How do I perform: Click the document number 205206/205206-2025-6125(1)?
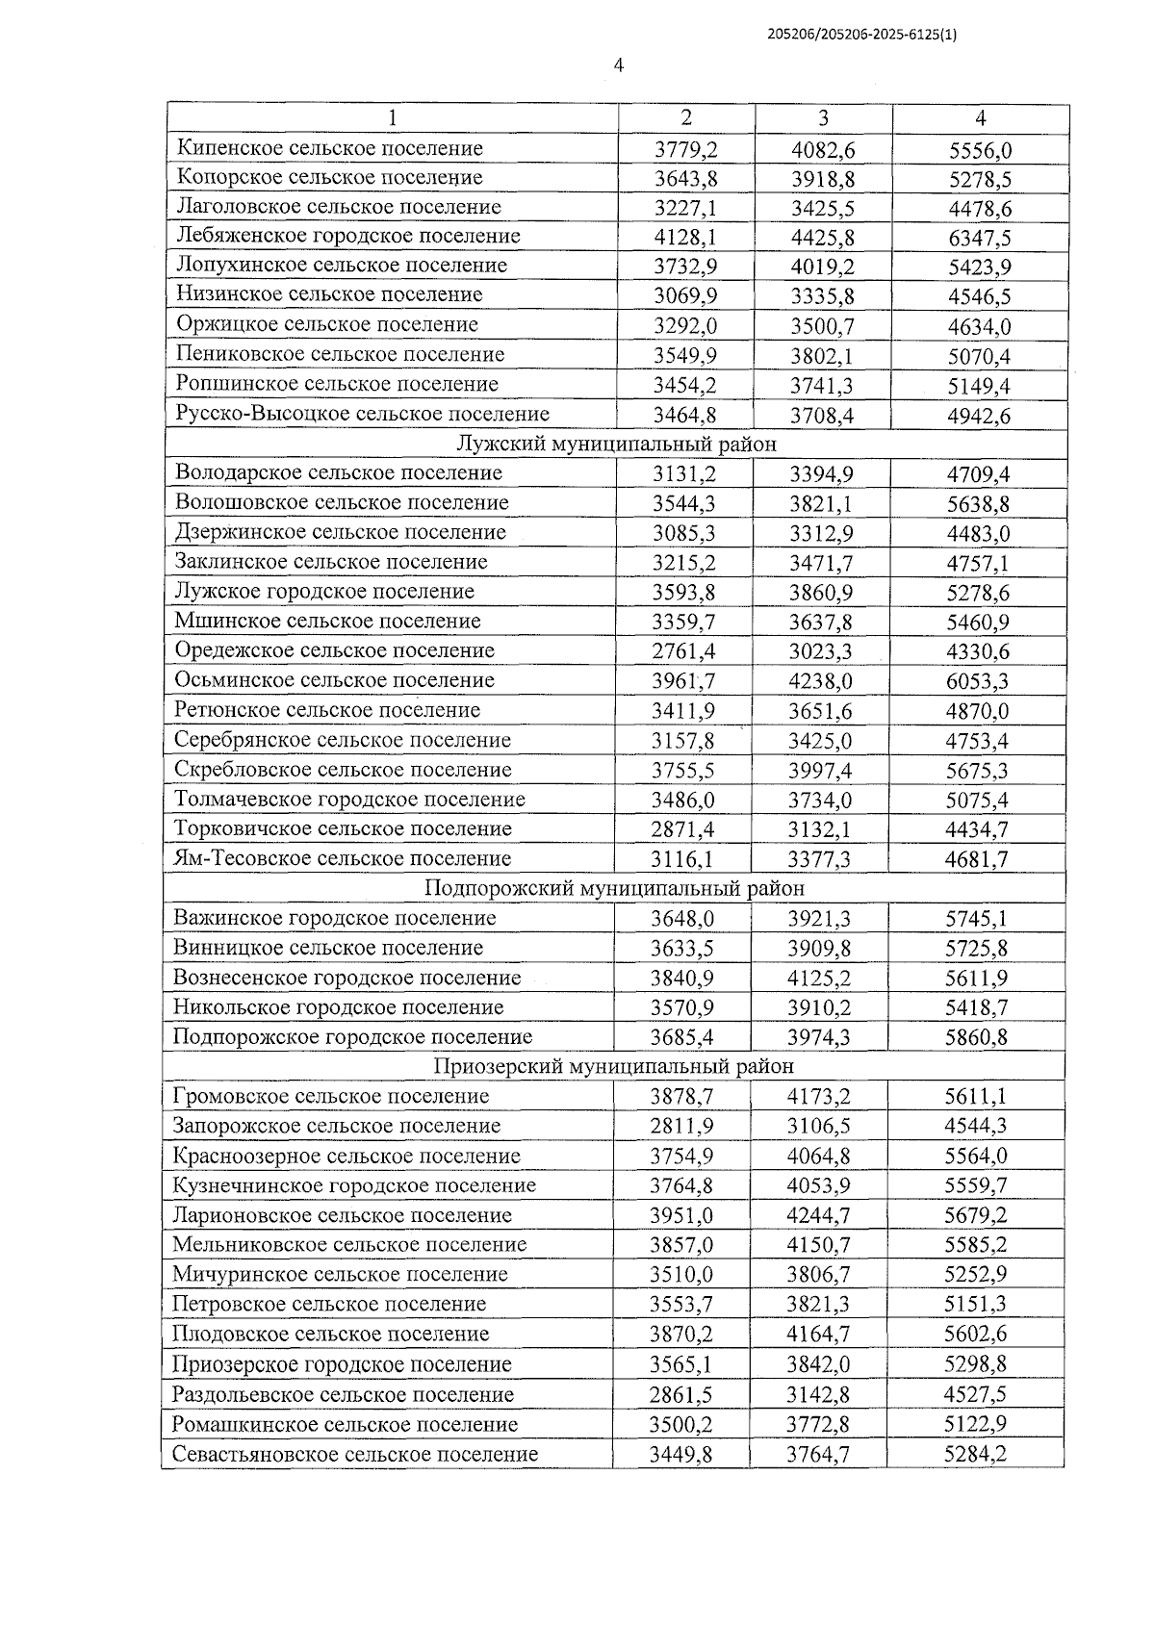861,34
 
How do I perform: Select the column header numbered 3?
823,118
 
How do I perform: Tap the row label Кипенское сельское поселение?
330,148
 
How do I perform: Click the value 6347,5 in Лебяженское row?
979,238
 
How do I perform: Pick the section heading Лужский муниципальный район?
615,445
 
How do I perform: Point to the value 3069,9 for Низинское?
685,295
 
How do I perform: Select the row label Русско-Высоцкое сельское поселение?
363,414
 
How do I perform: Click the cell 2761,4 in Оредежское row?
683,651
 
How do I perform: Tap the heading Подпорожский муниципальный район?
614,888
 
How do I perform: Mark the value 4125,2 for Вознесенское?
819,979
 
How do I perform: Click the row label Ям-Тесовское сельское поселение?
343,858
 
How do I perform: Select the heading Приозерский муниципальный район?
613,1066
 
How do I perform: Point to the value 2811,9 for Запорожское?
682,1127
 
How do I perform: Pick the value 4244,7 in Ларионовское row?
818,1215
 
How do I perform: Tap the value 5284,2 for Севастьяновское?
975,1454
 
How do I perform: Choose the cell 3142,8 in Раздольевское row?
818,1395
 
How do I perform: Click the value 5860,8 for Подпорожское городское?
976,1037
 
